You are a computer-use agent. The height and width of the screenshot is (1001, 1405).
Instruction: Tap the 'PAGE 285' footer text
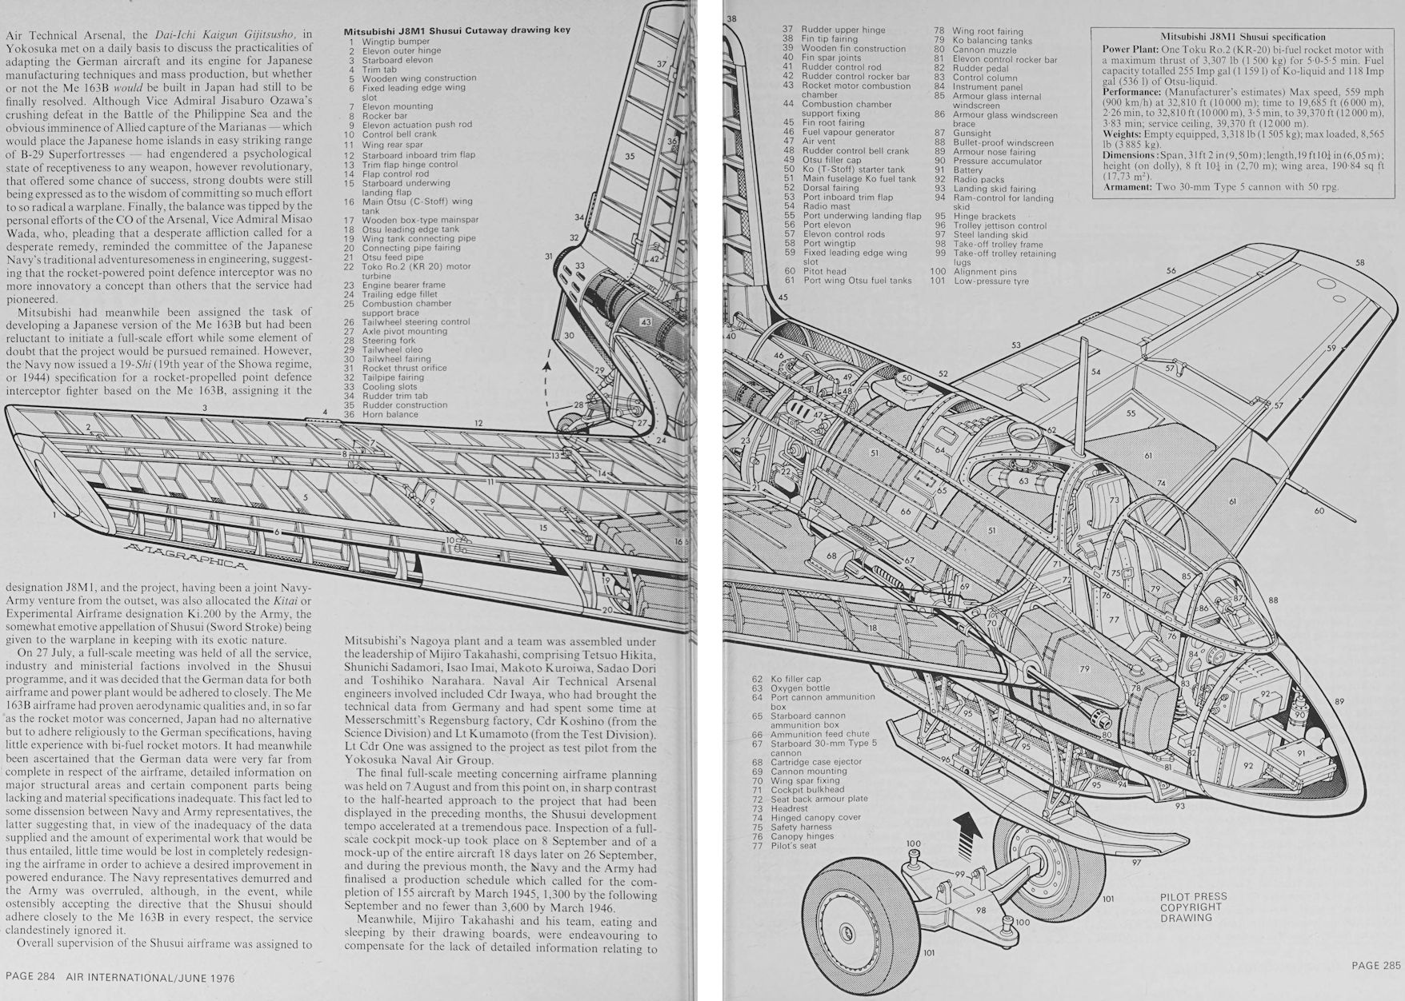pos(1376,965)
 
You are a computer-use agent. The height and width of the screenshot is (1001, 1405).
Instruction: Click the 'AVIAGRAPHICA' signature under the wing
pos(186,555)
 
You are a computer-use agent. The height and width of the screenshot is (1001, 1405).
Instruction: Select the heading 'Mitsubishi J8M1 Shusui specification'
pos(1243,37)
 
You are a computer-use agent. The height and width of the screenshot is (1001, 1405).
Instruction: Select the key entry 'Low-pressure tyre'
pos(991,281)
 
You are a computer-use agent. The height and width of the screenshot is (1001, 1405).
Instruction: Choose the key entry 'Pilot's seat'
pos(793,846)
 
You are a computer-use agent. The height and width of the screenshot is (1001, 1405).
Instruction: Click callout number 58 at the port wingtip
pos(1360,262)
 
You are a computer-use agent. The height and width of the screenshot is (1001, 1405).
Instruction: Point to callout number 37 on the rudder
pos(662,64)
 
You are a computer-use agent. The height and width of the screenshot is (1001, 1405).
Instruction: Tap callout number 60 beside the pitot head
pos(1319,510)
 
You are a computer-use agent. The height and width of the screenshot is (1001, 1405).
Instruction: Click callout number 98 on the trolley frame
pos(981,910)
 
